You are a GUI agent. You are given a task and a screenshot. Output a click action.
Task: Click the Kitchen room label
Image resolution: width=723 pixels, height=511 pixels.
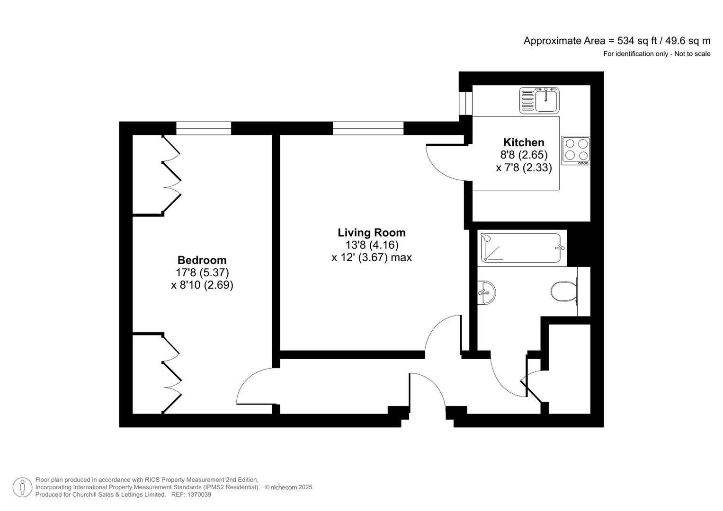point(524,142)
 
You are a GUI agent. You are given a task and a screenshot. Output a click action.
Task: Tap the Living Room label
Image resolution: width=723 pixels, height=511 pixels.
point(372,232)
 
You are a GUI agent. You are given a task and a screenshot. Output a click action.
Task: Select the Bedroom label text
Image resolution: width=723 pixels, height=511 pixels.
point(202,260)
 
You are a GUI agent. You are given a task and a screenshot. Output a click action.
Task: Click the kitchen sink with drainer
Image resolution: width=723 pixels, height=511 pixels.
point(539,100)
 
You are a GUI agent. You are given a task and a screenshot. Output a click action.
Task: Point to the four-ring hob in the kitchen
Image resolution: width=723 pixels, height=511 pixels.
point(576,150)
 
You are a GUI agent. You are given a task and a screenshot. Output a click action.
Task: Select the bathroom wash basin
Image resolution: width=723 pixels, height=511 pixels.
point(486,292)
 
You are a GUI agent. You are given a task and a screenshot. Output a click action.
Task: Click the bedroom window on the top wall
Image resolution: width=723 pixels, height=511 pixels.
point(204,128)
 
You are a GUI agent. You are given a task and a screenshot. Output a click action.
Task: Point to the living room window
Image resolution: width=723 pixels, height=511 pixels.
point(368,128)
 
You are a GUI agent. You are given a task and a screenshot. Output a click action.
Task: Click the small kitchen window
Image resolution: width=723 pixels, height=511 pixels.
point(466,103)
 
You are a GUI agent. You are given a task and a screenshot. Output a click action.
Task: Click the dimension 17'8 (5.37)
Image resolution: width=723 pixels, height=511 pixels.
point(202,273)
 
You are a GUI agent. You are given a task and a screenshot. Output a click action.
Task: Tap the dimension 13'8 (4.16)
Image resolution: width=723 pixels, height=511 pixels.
point(372,245)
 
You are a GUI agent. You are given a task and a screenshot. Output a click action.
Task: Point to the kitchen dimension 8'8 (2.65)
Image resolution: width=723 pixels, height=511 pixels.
point(524,155)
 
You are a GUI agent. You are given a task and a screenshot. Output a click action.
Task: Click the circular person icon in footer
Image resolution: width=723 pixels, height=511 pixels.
point(22,487)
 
